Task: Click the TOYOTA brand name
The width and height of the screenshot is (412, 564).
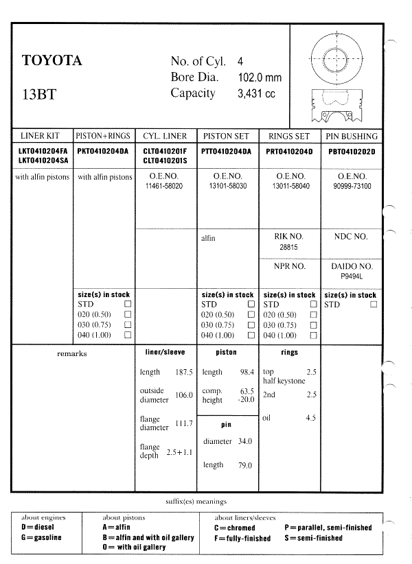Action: tap(52, 60)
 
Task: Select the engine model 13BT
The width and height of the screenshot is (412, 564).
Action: tap(38, 94)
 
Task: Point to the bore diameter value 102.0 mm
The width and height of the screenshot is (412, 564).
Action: tap(259, 78)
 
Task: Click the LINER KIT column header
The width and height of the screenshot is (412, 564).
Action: tap(41, 136)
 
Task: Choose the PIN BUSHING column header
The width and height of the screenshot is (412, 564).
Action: tap(352, 136)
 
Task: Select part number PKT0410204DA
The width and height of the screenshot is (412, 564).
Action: tap(104, 151)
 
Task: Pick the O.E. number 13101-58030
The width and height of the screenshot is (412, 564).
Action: tap(225, 186)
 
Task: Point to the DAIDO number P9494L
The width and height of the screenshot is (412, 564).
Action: tap(352, 277)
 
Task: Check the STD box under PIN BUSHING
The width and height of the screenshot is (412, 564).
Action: tap(374, 304)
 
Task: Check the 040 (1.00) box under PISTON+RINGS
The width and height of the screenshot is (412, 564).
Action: tap(128, 335)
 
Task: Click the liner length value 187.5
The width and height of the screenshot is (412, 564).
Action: tap(184, 372)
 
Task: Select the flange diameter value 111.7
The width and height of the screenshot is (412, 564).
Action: tap(184, 423)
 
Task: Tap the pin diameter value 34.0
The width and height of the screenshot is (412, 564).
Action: tap(244, 441)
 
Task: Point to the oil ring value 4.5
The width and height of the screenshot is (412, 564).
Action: tap(310, 417)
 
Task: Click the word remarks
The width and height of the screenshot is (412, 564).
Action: tap(72, 354)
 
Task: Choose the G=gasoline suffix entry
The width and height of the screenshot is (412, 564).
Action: tap(42, 537)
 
